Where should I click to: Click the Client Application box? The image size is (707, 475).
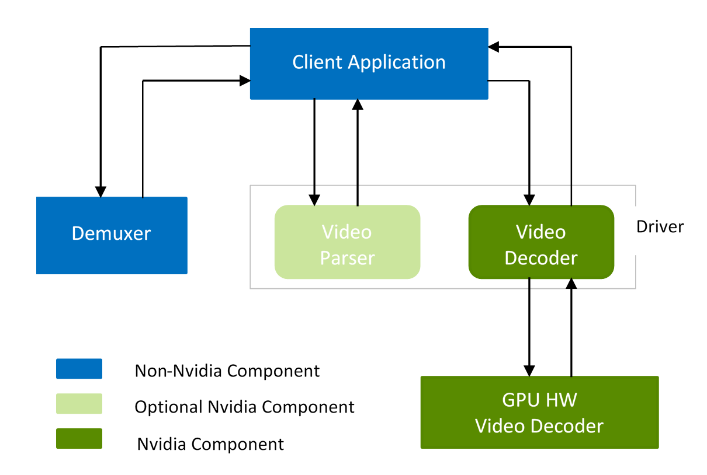tap(369, 63)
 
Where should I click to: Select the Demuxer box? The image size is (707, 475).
tap(112, 235)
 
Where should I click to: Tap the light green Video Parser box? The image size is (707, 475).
tap(347, 242)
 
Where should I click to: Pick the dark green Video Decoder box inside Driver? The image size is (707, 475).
tap(541, 242)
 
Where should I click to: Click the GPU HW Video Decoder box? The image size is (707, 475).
tap(539, 412)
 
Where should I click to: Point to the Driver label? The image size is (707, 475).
tap(660, 226)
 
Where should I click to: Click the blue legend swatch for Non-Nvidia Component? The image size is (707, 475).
tap(79, 369)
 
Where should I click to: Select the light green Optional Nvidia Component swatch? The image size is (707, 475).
tap(79, 404)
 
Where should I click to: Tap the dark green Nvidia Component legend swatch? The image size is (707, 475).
tap(79, 439)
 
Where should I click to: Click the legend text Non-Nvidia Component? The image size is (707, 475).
tap(227, 371)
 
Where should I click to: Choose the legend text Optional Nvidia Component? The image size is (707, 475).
tap(244, 407)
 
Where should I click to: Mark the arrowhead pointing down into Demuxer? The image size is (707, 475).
tap(101, 191)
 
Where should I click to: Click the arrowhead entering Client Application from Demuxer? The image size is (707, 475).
tap(245, 81)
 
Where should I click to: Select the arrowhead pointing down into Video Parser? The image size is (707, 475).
tap(315, 200)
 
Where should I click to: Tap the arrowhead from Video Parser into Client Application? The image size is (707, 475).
tap(358, 104)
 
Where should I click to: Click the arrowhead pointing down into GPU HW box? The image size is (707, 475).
tap(529, 370)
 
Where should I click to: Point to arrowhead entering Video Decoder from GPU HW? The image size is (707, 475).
tap(571, 284)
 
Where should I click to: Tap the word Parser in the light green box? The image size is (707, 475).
tap(347, 257)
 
